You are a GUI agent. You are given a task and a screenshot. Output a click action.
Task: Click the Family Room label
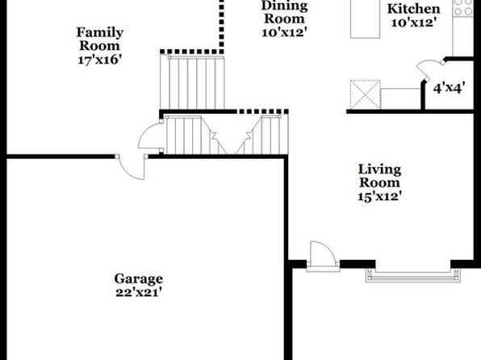click(100, 39)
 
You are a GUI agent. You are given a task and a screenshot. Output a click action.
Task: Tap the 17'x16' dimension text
click(98, 60)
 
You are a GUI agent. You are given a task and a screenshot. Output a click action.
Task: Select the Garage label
click(139, 279)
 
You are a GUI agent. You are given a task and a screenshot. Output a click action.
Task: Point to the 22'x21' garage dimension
click(138, 292)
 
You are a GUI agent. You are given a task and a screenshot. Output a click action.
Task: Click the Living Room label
click(380, 176)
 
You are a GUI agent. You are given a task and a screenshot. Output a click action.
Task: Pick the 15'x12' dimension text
click(380, 196)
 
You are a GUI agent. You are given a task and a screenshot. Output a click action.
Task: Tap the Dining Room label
click(284, 12)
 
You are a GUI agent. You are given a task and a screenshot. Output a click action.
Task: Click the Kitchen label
click(413, 9)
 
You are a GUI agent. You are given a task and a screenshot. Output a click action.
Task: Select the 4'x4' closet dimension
click(449, 89)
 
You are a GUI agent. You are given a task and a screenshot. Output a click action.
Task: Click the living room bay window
click(413, 275)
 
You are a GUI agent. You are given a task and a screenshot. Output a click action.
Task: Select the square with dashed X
click(366, 94)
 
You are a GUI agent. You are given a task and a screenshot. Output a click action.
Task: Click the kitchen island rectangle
click(365, 19)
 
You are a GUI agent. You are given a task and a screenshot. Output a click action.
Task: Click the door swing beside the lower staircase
click(150, 136)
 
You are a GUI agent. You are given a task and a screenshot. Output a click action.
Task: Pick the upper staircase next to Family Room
click(192, 82)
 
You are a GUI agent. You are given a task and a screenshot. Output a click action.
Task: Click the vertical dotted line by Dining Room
click(221, 27)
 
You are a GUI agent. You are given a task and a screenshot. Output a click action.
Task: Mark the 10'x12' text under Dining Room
click(284, 32)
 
